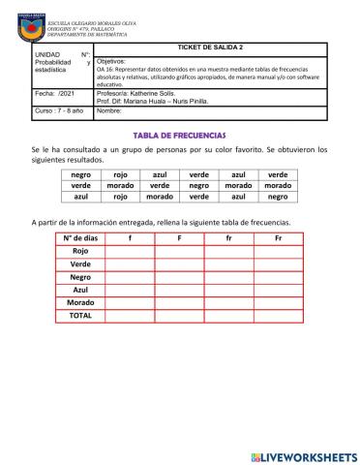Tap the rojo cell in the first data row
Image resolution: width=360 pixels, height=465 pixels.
tap(121, 175)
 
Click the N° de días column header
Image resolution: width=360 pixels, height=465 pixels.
tap(80, 237)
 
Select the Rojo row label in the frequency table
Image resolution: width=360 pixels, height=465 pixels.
tap(80, 250)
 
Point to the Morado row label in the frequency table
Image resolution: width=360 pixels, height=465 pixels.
tap(80, 302)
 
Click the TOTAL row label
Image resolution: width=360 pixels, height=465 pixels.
tap(80, 316)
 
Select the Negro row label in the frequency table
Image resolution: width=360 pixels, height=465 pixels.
tap(80, 276)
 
